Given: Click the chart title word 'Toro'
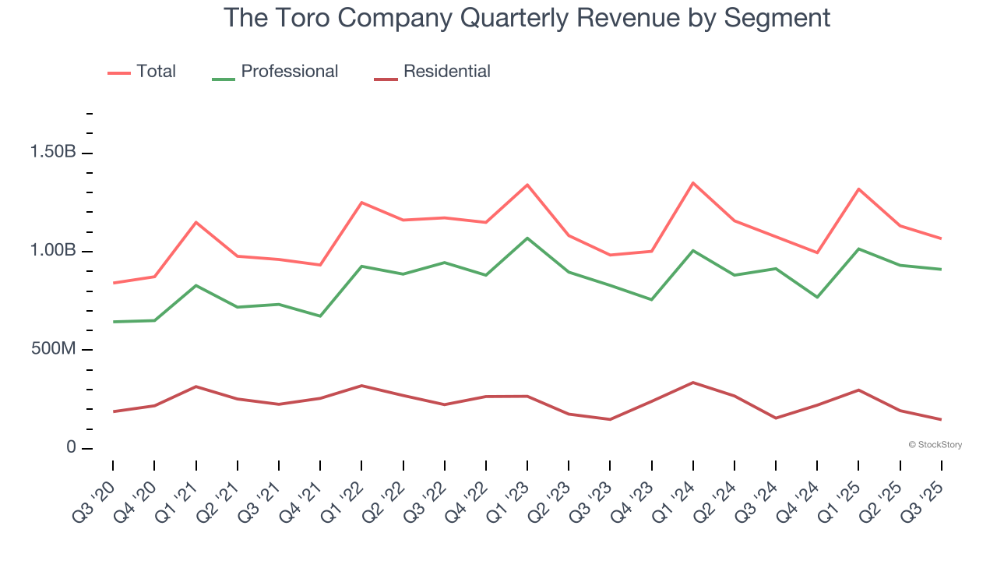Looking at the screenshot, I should [x=300, y=17].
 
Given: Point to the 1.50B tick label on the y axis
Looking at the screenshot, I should [x=53, y=152].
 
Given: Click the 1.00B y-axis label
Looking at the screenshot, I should [x=53, y=251].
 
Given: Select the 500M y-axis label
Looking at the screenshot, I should [x=53, y=349].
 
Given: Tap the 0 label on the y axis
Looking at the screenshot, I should [x=71, y=448].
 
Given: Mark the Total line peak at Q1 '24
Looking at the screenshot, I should [x=693, y=183].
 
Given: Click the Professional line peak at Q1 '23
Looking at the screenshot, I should [x=527, y=238].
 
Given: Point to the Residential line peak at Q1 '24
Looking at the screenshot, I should [x=693, y=383].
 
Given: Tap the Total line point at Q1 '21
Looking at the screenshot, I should [x=196, y=222].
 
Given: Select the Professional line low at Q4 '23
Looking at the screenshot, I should [x=651, y=300].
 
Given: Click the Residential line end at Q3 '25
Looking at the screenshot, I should [x=942, y=419].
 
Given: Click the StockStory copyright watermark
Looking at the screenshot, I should [x=935, y=445].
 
